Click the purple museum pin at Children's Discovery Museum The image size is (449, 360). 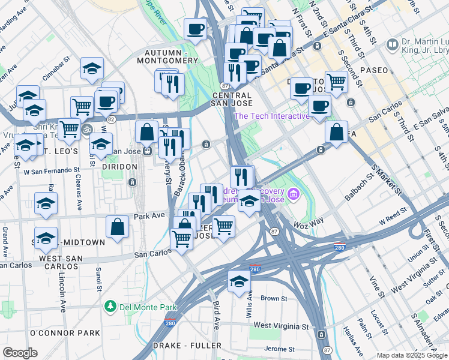coord(294,194)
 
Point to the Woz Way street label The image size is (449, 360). coord(309,223)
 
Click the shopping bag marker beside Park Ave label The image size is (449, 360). coord(118,227)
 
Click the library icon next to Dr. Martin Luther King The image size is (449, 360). coord(393,44)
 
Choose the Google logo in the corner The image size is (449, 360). coord(20,352)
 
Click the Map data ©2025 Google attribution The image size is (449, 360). coord(411,355)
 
